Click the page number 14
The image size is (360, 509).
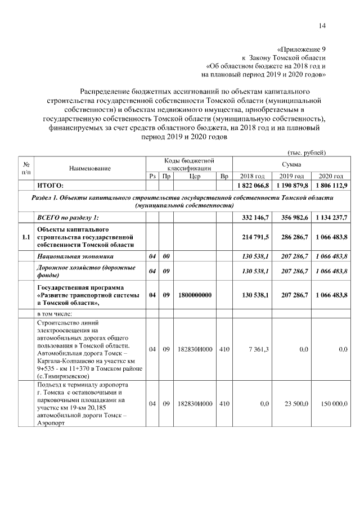coord(322,25)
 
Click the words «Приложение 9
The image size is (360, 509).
coord(301,49)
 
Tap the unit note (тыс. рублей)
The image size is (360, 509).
coord(307,152)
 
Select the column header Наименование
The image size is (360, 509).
coord(90,168)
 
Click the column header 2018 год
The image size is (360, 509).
coord(252,176)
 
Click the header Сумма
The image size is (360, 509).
coord(291,164)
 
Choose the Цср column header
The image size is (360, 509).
coord(195,176)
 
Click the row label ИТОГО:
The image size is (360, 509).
coord(51,185)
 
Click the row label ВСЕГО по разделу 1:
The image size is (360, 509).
coord(67,218)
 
